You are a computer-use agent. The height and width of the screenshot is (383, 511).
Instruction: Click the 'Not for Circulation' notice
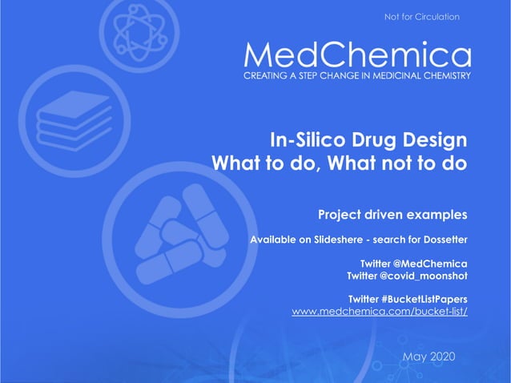coord(421,17)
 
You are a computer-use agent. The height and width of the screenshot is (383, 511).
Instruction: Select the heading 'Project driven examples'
coord(392,215)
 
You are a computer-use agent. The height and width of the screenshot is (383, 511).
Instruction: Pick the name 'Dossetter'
coord(441,240)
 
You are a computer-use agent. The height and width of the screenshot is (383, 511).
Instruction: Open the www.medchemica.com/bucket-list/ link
coord(379,310)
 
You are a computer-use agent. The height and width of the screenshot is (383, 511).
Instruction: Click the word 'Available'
coord(276,240)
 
